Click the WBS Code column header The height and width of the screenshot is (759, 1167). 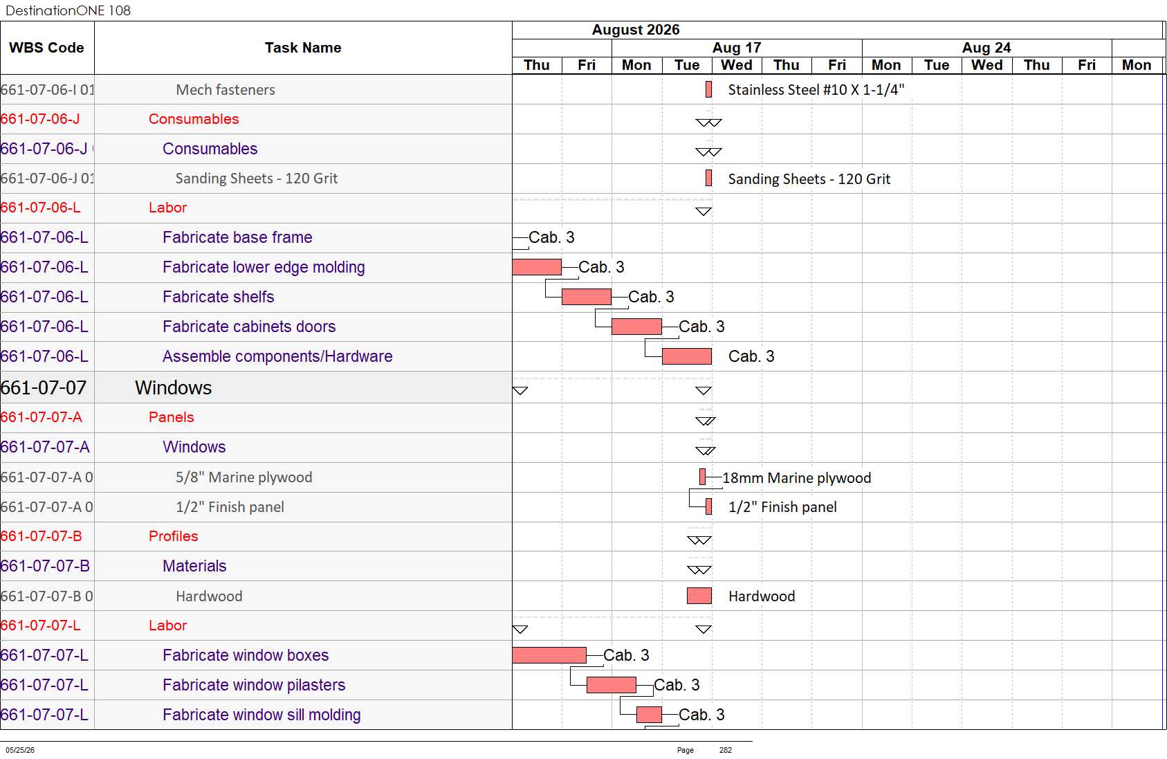pos(46,48)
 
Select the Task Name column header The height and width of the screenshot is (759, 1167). pos(303,48)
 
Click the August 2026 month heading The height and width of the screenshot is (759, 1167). pos(636,30)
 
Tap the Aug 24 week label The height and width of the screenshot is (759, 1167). pos(986,48)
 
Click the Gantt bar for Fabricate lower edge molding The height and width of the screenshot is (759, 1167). pos(537,266)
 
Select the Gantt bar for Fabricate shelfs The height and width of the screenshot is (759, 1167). pos(587,296)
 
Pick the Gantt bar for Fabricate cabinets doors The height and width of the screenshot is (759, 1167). pos(636,326)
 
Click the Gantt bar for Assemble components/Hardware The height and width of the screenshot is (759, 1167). pos(687,356)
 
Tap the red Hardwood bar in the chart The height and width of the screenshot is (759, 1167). pos(699,596)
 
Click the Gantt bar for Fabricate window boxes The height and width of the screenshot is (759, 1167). pos(549,655)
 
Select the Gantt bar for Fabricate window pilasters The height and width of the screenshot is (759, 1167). pos(611,684)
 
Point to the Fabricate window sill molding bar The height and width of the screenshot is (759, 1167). pos(649,714)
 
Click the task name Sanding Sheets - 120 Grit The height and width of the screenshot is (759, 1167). pos(257,178)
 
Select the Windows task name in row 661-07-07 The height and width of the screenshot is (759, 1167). pos(174,387)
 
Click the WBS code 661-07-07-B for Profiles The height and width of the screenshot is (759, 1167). pos(41,536)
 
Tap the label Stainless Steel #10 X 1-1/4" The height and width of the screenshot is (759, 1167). pos(816,90)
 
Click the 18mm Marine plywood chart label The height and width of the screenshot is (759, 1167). pos(797,477)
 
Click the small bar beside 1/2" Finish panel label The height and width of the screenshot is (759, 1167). pos(708,506)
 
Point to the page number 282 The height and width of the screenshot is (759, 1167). pos(725,750)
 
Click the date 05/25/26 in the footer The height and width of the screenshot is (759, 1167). pos(20,750)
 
